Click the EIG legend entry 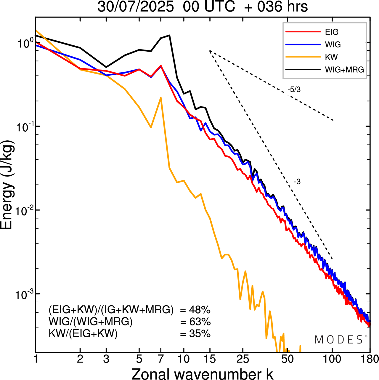(332, 32)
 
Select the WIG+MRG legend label (344, 70)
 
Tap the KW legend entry (331, 57)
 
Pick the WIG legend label (333, 44)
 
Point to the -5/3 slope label (294, 90)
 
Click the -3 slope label (297, 182)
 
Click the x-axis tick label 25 (243, 359)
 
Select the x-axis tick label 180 (370, 359)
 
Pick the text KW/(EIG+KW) (83, 334)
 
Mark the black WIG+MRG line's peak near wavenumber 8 (169, 35)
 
